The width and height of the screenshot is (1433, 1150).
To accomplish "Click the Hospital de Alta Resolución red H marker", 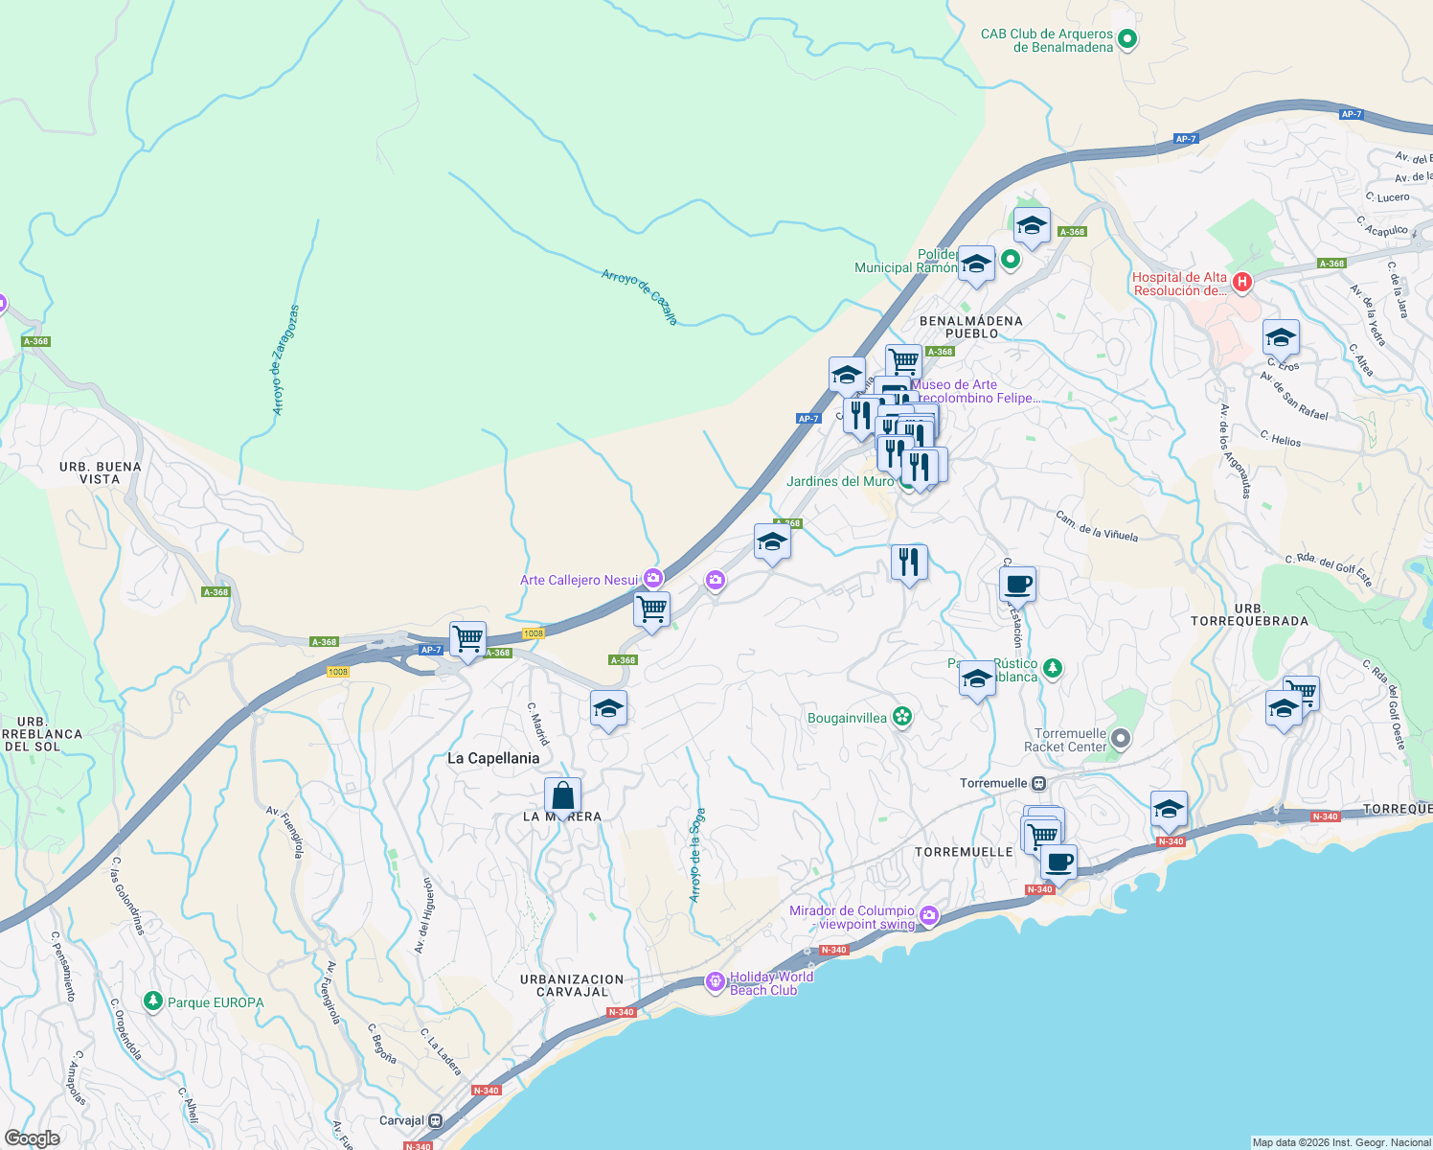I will [1242, 282].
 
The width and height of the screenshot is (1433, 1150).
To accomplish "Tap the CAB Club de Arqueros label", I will [1047, 40].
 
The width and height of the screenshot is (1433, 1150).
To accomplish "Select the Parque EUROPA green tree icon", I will [152, 1001].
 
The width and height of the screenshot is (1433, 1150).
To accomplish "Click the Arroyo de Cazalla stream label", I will [640, 296].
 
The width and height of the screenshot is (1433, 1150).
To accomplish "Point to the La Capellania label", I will [493, 758].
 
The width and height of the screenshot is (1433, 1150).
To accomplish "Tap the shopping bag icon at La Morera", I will [562, 796].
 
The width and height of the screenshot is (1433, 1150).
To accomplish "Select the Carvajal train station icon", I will [436, 1120].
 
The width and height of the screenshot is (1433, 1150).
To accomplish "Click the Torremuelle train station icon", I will [1039, 783].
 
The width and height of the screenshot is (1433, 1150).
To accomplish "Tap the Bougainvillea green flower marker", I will [901, 717].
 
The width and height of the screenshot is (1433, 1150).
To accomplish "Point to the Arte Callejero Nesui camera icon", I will [652, 578].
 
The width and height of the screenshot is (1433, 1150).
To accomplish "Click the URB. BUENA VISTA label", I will [100, 472].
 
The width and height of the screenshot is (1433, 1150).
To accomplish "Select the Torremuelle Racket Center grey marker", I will [1122, 739].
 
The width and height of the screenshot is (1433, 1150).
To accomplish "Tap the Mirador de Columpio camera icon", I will [928, 917].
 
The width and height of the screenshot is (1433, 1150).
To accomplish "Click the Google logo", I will [32, 1138].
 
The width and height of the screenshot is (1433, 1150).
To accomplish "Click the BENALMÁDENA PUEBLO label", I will [970, 327].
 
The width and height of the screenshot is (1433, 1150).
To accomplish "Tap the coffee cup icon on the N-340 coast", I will [1058, 862].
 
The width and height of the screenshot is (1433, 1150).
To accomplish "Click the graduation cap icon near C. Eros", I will [1281, 338].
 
